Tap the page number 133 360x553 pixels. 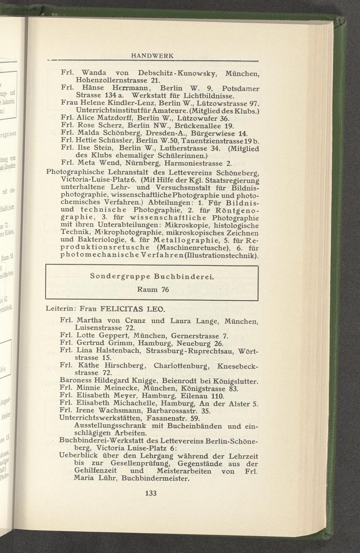coord(150,493)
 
